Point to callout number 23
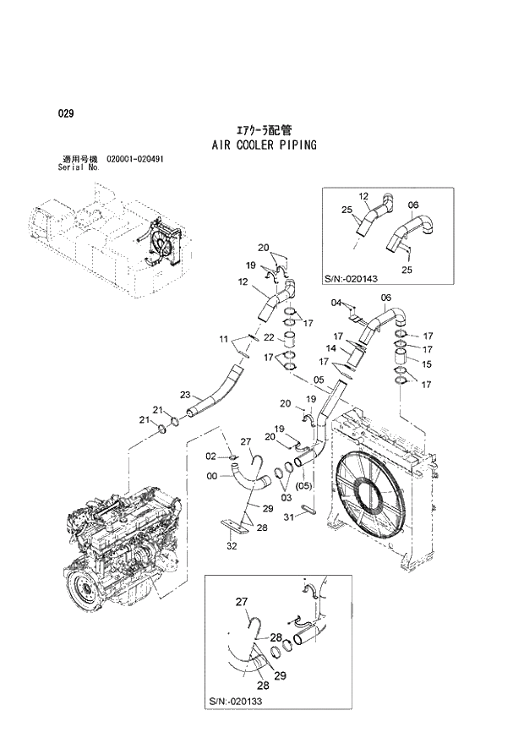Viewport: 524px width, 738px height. point(185,395)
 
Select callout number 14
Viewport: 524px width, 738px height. point(332,348)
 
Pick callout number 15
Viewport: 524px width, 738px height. point(427,364)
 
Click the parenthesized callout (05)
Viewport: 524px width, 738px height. point(304,485)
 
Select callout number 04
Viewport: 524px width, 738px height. point(336,302)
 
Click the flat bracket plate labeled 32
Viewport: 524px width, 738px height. point(239,530)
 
